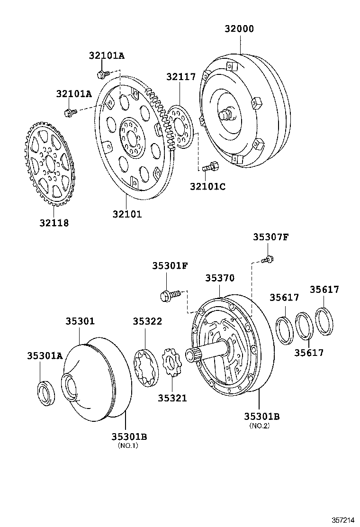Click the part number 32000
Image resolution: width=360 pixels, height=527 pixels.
239,29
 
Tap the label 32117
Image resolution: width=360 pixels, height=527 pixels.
180,77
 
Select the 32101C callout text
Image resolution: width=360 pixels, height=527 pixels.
207,186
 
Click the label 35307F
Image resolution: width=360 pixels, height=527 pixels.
270,237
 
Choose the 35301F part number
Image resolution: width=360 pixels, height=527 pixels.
170,266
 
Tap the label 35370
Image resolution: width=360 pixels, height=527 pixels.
220,278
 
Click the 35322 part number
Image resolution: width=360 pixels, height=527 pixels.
147,321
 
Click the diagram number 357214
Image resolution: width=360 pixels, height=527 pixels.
343,519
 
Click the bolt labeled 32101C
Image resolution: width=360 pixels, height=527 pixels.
209,167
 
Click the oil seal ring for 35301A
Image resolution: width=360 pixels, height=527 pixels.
46,392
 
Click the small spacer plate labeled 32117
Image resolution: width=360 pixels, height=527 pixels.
180,127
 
